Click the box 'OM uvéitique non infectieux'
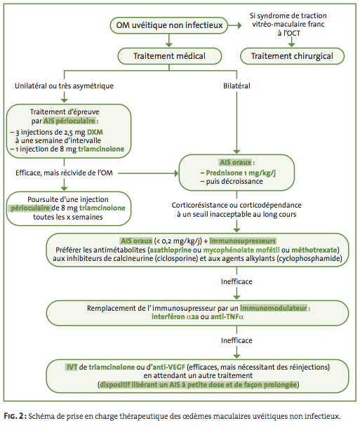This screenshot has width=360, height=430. (168, 25)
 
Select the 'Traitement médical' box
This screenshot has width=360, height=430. (170, 56)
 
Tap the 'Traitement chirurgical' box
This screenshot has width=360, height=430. (292, 56)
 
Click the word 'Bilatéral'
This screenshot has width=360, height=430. (236, 86)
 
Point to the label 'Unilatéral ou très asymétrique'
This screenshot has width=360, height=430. (64, 86)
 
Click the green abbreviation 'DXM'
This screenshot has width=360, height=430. (95, 132)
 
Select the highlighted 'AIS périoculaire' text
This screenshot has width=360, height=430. (69, 121)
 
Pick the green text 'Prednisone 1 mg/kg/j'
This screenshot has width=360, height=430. (241, 173)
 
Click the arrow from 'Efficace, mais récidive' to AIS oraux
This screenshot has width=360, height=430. (149, 173)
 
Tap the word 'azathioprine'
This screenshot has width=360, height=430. (171, 250)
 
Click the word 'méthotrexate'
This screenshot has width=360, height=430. (314, 250)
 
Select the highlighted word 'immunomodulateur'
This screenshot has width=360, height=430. (273, 308)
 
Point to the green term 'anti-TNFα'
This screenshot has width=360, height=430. (227, 317)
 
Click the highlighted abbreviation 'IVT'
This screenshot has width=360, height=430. (72, 367)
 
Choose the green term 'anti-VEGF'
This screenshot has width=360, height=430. (168, 367)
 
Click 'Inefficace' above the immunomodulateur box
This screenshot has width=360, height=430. (236, 281)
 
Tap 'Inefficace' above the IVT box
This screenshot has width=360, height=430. (236, 341)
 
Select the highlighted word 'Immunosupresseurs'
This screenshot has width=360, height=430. (243, 241)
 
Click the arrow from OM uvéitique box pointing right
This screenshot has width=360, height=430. (235, 25)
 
